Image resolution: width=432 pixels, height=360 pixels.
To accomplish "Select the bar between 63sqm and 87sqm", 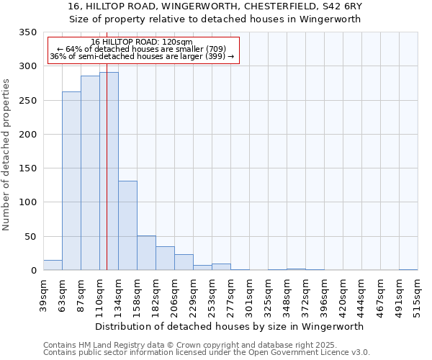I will coord(71,181).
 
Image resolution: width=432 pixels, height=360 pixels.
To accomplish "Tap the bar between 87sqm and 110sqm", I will coord(90,173).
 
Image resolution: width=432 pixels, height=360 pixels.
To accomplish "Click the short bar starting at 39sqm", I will coord(53,265).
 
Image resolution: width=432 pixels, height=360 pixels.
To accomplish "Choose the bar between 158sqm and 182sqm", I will coord(146,253).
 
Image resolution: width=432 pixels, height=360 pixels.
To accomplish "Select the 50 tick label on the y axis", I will coord(30,237).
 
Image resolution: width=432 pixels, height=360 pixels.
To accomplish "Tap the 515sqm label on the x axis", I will coord(418,296).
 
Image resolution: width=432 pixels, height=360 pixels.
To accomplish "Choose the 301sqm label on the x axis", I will coord(249,296).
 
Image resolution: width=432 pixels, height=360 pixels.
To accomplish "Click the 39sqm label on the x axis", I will coord(43,296).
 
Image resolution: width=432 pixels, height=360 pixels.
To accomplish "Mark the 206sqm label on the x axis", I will coord(174,296).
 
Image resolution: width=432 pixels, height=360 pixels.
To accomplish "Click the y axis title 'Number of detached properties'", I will coord(6,155).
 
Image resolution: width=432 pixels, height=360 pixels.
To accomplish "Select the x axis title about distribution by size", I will coord(230,326).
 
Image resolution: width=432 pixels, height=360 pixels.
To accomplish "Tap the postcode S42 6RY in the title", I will coord(339,6).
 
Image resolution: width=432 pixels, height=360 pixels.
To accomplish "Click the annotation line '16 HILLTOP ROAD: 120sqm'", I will coord(142,42).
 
